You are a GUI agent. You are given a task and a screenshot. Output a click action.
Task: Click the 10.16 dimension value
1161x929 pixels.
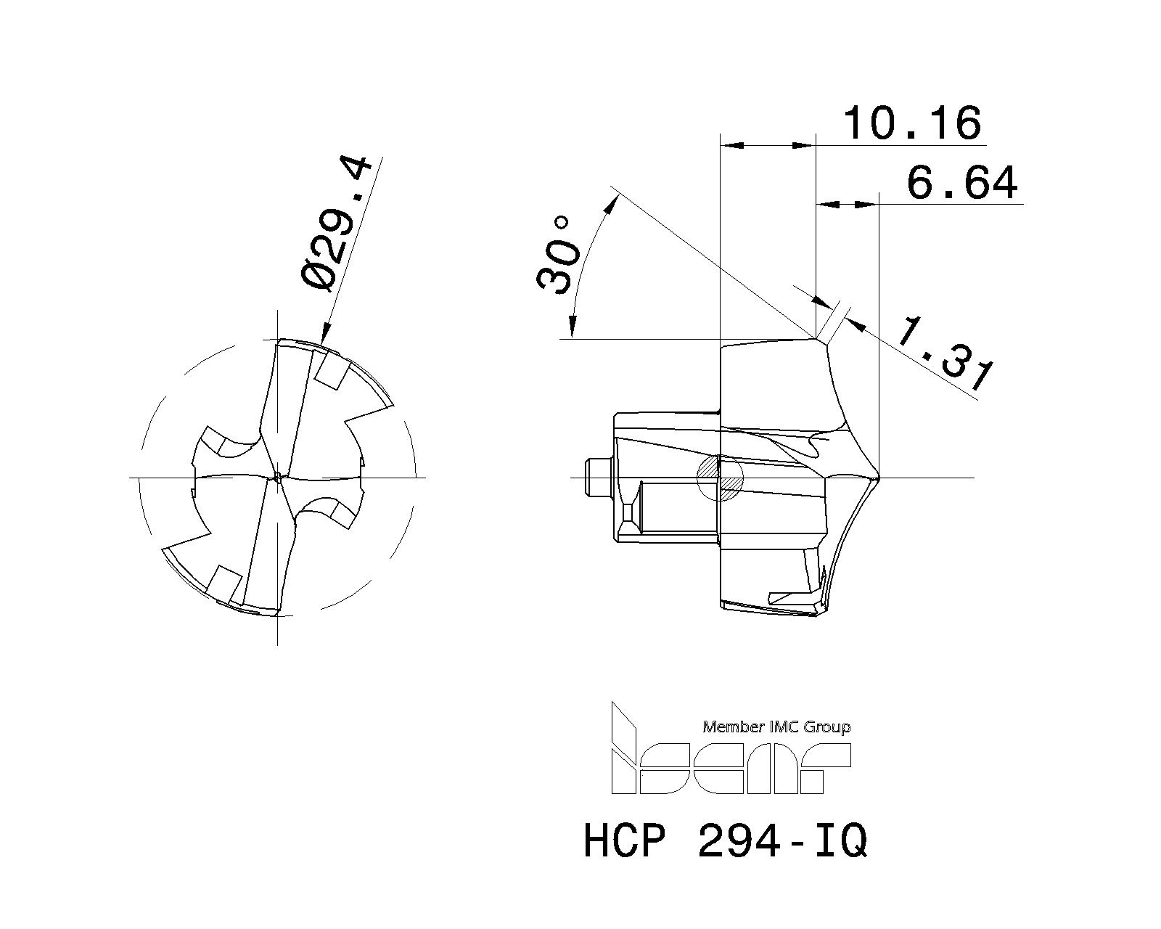912,123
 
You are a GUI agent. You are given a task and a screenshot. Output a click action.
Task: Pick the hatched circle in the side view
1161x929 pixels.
720,478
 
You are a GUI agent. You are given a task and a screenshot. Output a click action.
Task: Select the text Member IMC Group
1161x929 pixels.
776,727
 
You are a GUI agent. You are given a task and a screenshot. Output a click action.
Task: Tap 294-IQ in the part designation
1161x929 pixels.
782,842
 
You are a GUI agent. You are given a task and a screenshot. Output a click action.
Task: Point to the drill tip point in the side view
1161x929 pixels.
878,478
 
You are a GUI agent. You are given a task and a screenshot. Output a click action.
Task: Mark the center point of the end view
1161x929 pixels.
278,477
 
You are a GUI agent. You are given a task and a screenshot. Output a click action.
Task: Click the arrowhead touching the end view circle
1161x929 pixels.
324,335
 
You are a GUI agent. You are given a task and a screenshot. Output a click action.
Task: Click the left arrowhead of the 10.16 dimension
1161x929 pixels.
729,146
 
